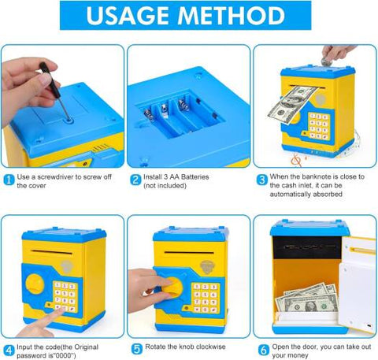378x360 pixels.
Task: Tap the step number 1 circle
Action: click(x=8, y=178)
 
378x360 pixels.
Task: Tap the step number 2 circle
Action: click(x=135, y=178)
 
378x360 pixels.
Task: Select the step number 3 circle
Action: click(x=261, y=178)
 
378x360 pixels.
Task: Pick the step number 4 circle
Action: click(x=8, y=349)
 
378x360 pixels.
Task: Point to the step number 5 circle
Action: click(x=135, y=349)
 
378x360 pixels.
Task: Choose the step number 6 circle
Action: click(x=261, y=349)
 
